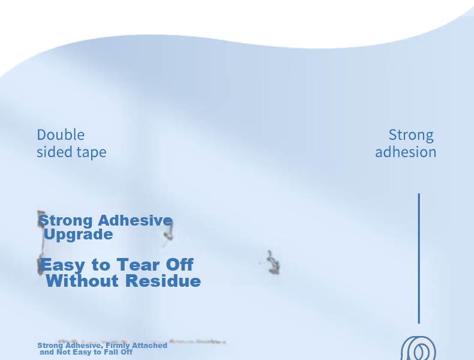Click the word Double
(x=61, y=135)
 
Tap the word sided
(x=51, y=152)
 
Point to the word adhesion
(x=406, y=152)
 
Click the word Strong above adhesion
(x=411, y=136)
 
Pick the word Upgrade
(x=78, y=235)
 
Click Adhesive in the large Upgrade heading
(x=135, y=220)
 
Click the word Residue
(x=163, y=281)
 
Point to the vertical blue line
(x=419, y=259)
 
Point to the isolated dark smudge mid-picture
(x=273, y=263)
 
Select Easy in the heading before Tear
(x=63, y=265)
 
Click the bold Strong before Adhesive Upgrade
(x=66, y=221)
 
